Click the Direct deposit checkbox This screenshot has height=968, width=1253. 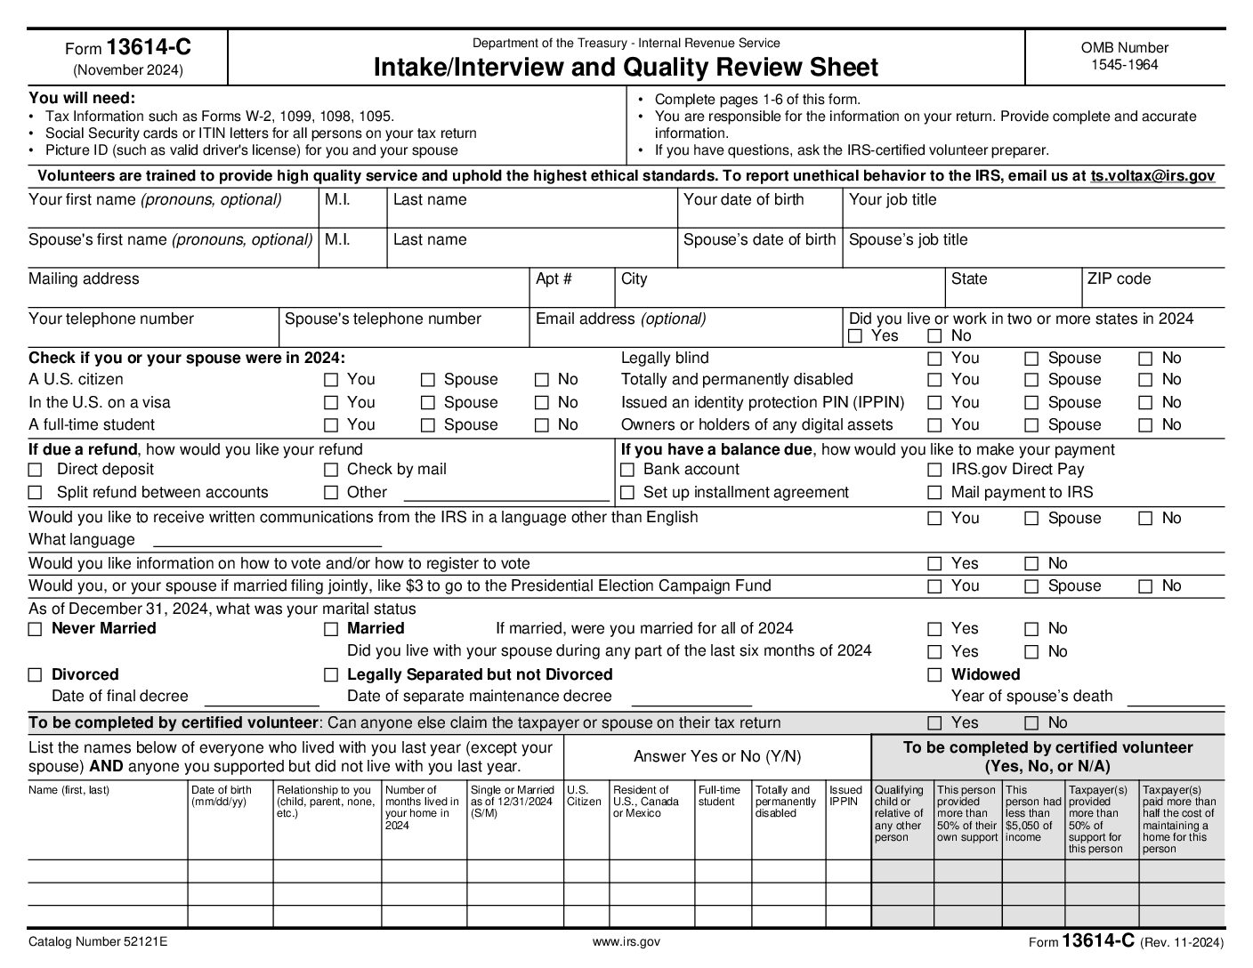pyautogui.click(x=36, y=470)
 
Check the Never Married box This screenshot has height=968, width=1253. pyautogui.click(x=36, y=629)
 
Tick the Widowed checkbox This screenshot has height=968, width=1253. pyautogui.click(x=934, y=675)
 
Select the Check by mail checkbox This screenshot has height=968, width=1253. pyautogui.click(x=331, y=470)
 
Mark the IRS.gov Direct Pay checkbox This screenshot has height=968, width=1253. pyautogui.click(x=934, y=470)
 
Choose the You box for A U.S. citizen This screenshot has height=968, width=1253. pyautogui.click(x=331, y=380)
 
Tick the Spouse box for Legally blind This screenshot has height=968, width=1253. pyautogui.click(x=1031, y=359)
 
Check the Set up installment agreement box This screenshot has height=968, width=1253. pyautogui.click(x=627, y=493)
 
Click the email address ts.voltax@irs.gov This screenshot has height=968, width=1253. pyautogui.click(x=1152, y=176)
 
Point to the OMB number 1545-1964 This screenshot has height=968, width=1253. pyautogui.click(x=1125, y=64)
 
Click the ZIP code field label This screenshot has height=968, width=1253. pyautogui.click(x=1119, y=279)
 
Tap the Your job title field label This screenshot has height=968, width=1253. pyautogui.click(x=893, y=200)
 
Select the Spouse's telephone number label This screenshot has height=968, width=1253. pyautogui.click(x=383, y=319)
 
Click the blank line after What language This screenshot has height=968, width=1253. pyautogui.click(x=267, y=540)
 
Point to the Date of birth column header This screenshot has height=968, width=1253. pyautogui.click(x=222, y=795)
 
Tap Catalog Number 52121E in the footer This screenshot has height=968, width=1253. pyautogui.click(x=98, y=942)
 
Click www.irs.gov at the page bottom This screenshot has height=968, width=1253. pyautogui.click(x=626, y=942)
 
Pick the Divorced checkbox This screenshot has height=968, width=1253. pyautogui.click(x=36, y=675)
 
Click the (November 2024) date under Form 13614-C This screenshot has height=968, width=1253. pyautogui.click(x=128, y=70)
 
